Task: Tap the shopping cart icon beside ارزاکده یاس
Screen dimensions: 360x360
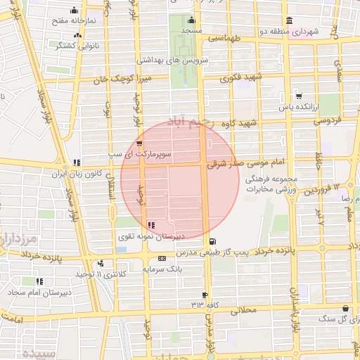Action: tap(299, 96)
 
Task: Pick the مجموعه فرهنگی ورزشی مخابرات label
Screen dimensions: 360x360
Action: tap(272, 184)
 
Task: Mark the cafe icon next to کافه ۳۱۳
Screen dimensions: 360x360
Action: tap(205, 295)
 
